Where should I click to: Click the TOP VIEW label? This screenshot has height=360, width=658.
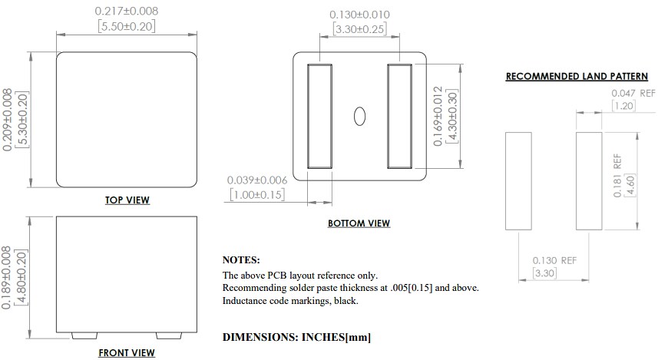(x=127, y=200)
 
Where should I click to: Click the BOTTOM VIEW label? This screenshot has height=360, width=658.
(x=359, y=223)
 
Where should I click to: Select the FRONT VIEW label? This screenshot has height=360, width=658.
(x=127, y=353)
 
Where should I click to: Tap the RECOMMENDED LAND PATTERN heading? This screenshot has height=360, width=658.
(x=577, y=77)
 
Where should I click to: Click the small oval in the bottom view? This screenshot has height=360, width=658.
(x=359, y=116)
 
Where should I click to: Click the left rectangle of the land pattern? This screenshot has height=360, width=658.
(x=518, y=180)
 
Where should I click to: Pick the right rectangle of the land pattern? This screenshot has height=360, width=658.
(x=589, y=180)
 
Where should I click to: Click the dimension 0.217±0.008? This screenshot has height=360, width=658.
(x=127, y=12)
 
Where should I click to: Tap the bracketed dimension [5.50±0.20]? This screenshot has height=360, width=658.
(x=127, y=26)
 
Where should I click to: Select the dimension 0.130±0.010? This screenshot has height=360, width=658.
(x=359, y=15)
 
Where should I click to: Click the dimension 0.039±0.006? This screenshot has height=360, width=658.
(x=257, y=180)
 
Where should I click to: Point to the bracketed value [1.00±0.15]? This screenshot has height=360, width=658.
(x=257, y=195)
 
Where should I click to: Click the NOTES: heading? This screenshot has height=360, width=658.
(x=241, y=260)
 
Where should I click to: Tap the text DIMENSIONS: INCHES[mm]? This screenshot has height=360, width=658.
(x=297, y=337)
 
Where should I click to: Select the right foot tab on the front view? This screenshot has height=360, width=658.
(x=169, y=336)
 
